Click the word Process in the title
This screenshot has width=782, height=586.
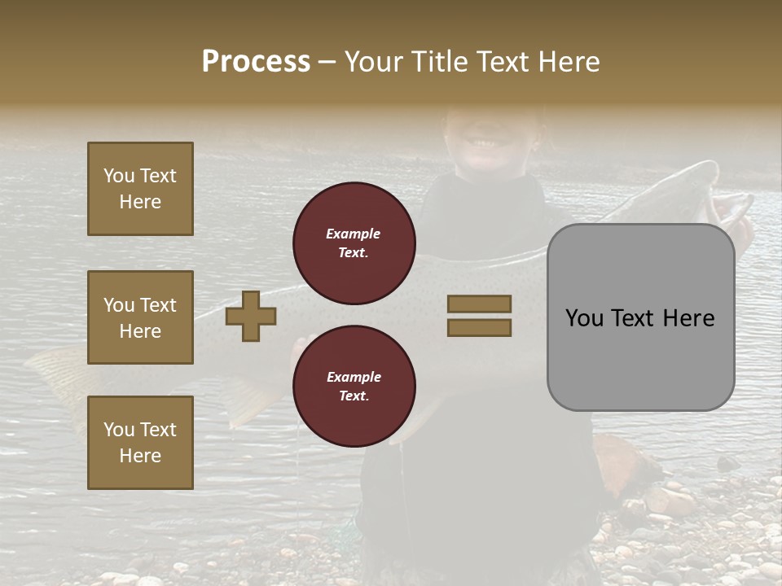tap(256, 62)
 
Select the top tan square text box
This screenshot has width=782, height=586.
tap(140, 189)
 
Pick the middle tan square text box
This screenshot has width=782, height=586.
tap(140, 317)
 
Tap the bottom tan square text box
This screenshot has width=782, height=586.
tap(140, 442)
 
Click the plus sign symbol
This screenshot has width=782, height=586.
tap(251, 316)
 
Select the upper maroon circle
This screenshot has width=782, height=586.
tap(354, 243)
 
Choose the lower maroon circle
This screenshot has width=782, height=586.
tap(354, 387)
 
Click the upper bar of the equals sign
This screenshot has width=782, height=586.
tap(479, 304)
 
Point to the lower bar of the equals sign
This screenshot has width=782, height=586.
tap(479, 328)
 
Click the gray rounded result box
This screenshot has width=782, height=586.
tap(640, 317)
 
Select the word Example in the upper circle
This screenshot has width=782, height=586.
tap(353, 234)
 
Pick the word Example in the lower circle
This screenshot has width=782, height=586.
tap(354, 377)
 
